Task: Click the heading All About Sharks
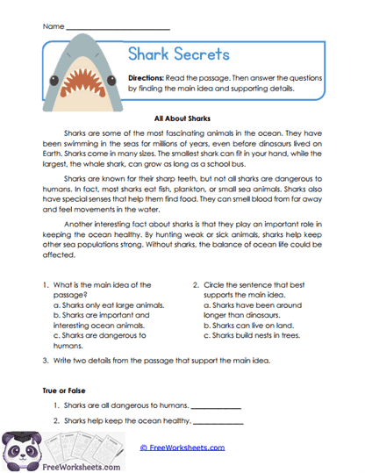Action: coord(182,117)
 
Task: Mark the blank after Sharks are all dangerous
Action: coord(215,406)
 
